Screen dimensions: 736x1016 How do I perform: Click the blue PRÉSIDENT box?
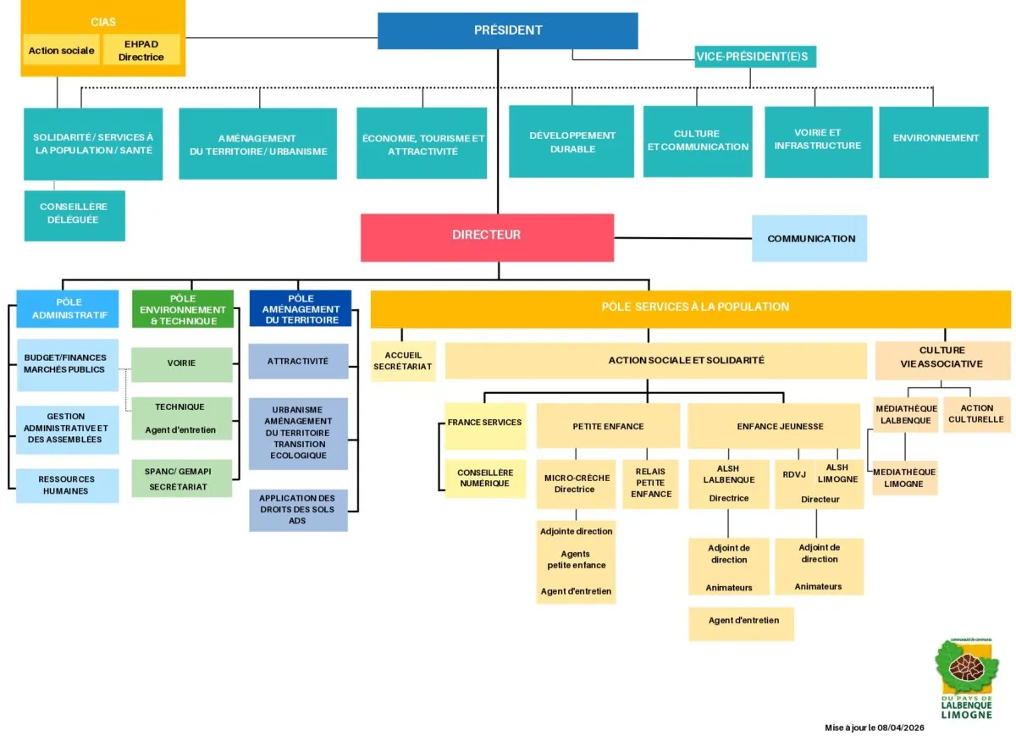coord(507,30)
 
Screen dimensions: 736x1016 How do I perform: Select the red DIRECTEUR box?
coord(487,236)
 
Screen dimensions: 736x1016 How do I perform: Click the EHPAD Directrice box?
coord(141,50)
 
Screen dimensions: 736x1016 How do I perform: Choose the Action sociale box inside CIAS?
coord(61,50)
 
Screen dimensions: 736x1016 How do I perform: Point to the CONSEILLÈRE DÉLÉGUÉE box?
coord(75,214)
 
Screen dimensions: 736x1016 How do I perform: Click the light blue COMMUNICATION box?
coord(810,238)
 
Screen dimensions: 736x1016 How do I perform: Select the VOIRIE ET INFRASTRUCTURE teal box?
coord(818,140)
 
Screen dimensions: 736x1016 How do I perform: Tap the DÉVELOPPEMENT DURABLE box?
coord(571,141)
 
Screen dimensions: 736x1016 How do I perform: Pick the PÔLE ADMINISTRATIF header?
coord(68,308)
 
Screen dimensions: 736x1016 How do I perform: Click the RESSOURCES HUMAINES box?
coord(68,484)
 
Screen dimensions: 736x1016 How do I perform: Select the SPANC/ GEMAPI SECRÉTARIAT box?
coord(182,479)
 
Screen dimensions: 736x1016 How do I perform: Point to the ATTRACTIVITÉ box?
coord(298,361)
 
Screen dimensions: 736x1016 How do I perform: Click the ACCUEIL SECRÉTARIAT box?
coord(403,361)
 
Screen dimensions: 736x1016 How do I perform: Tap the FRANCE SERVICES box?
coord(485,423)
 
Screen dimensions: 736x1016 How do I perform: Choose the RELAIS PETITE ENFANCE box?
coord(650,483)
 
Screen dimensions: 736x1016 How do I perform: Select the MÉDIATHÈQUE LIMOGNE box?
coord(904,478)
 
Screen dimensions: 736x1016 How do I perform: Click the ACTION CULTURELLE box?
coord(976,413)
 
